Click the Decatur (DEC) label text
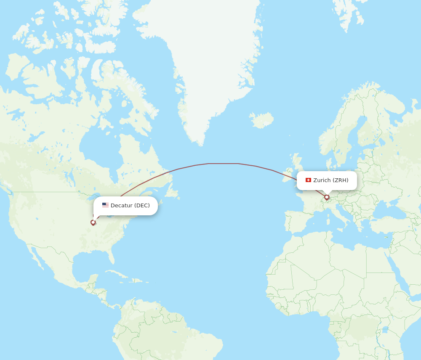(x=130, y=206)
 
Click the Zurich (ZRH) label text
(x=330, y=180)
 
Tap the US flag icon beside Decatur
(x=105, y=205)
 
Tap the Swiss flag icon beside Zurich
(x=308, y=180)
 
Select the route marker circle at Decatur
(x=93, y=222)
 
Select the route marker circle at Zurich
(x=327, y=197)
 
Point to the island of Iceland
(x=261, y=120)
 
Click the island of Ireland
(x=287, y=169)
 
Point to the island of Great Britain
(x=300, y=168)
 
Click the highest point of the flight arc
(x=223, y=164)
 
